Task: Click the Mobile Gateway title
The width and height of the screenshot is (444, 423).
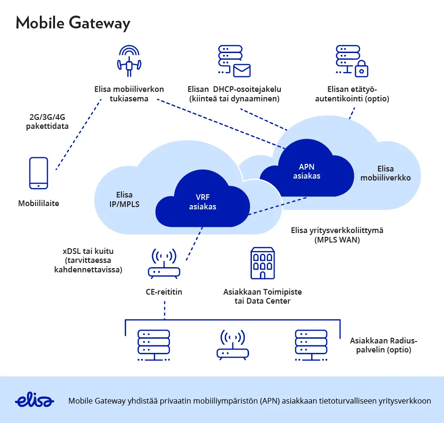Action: pyautogui.click(x=73, y=23)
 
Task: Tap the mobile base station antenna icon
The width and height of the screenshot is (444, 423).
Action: pyautogui.click(x=129, y=61)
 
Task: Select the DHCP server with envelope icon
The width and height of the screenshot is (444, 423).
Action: pyautogui.click(x=233, y=61)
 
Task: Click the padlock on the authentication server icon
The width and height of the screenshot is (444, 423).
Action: pyautogui.click(x=361, y=69)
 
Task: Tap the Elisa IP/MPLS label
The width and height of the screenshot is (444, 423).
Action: pyautogui.click(x=124, y=200)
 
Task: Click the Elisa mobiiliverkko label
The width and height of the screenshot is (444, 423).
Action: pyautogui.click(x=385, y=173)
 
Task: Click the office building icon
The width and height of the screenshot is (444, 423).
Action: pyautogui.click(x=262, y=263)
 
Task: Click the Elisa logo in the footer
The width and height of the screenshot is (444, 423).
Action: pyautogui.click(x=34, y=400)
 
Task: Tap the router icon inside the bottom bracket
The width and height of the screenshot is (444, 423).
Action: pyautogui.click(x=232, y=345)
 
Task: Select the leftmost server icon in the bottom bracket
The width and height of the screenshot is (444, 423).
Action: pyautogui.click(x=153, y=345)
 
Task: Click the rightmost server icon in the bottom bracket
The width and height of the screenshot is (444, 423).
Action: pyautogui.click(x=311, y=345)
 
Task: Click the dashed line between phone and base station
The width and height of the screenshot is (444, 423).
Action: pyautogui.click(x=78, y=135)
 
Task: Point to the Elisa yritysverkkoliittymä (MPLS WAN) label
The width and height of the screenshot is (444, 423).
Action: pyautogui.click(x=337, y=235)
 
